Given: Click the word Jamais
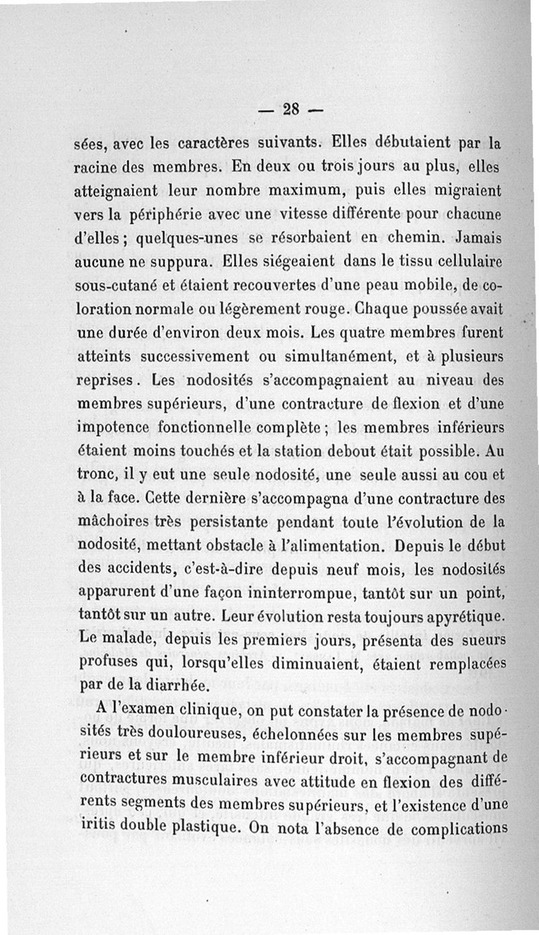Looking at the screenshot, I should (479, 237).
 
